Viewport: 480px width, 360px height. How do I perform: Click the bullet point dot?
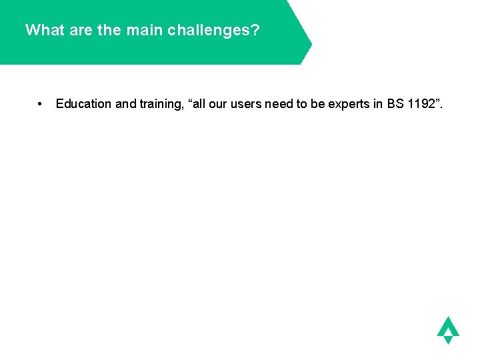[x=41, y=104]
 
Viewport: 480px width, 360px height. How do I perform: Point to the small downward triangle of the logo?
[x=448, y=339]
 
